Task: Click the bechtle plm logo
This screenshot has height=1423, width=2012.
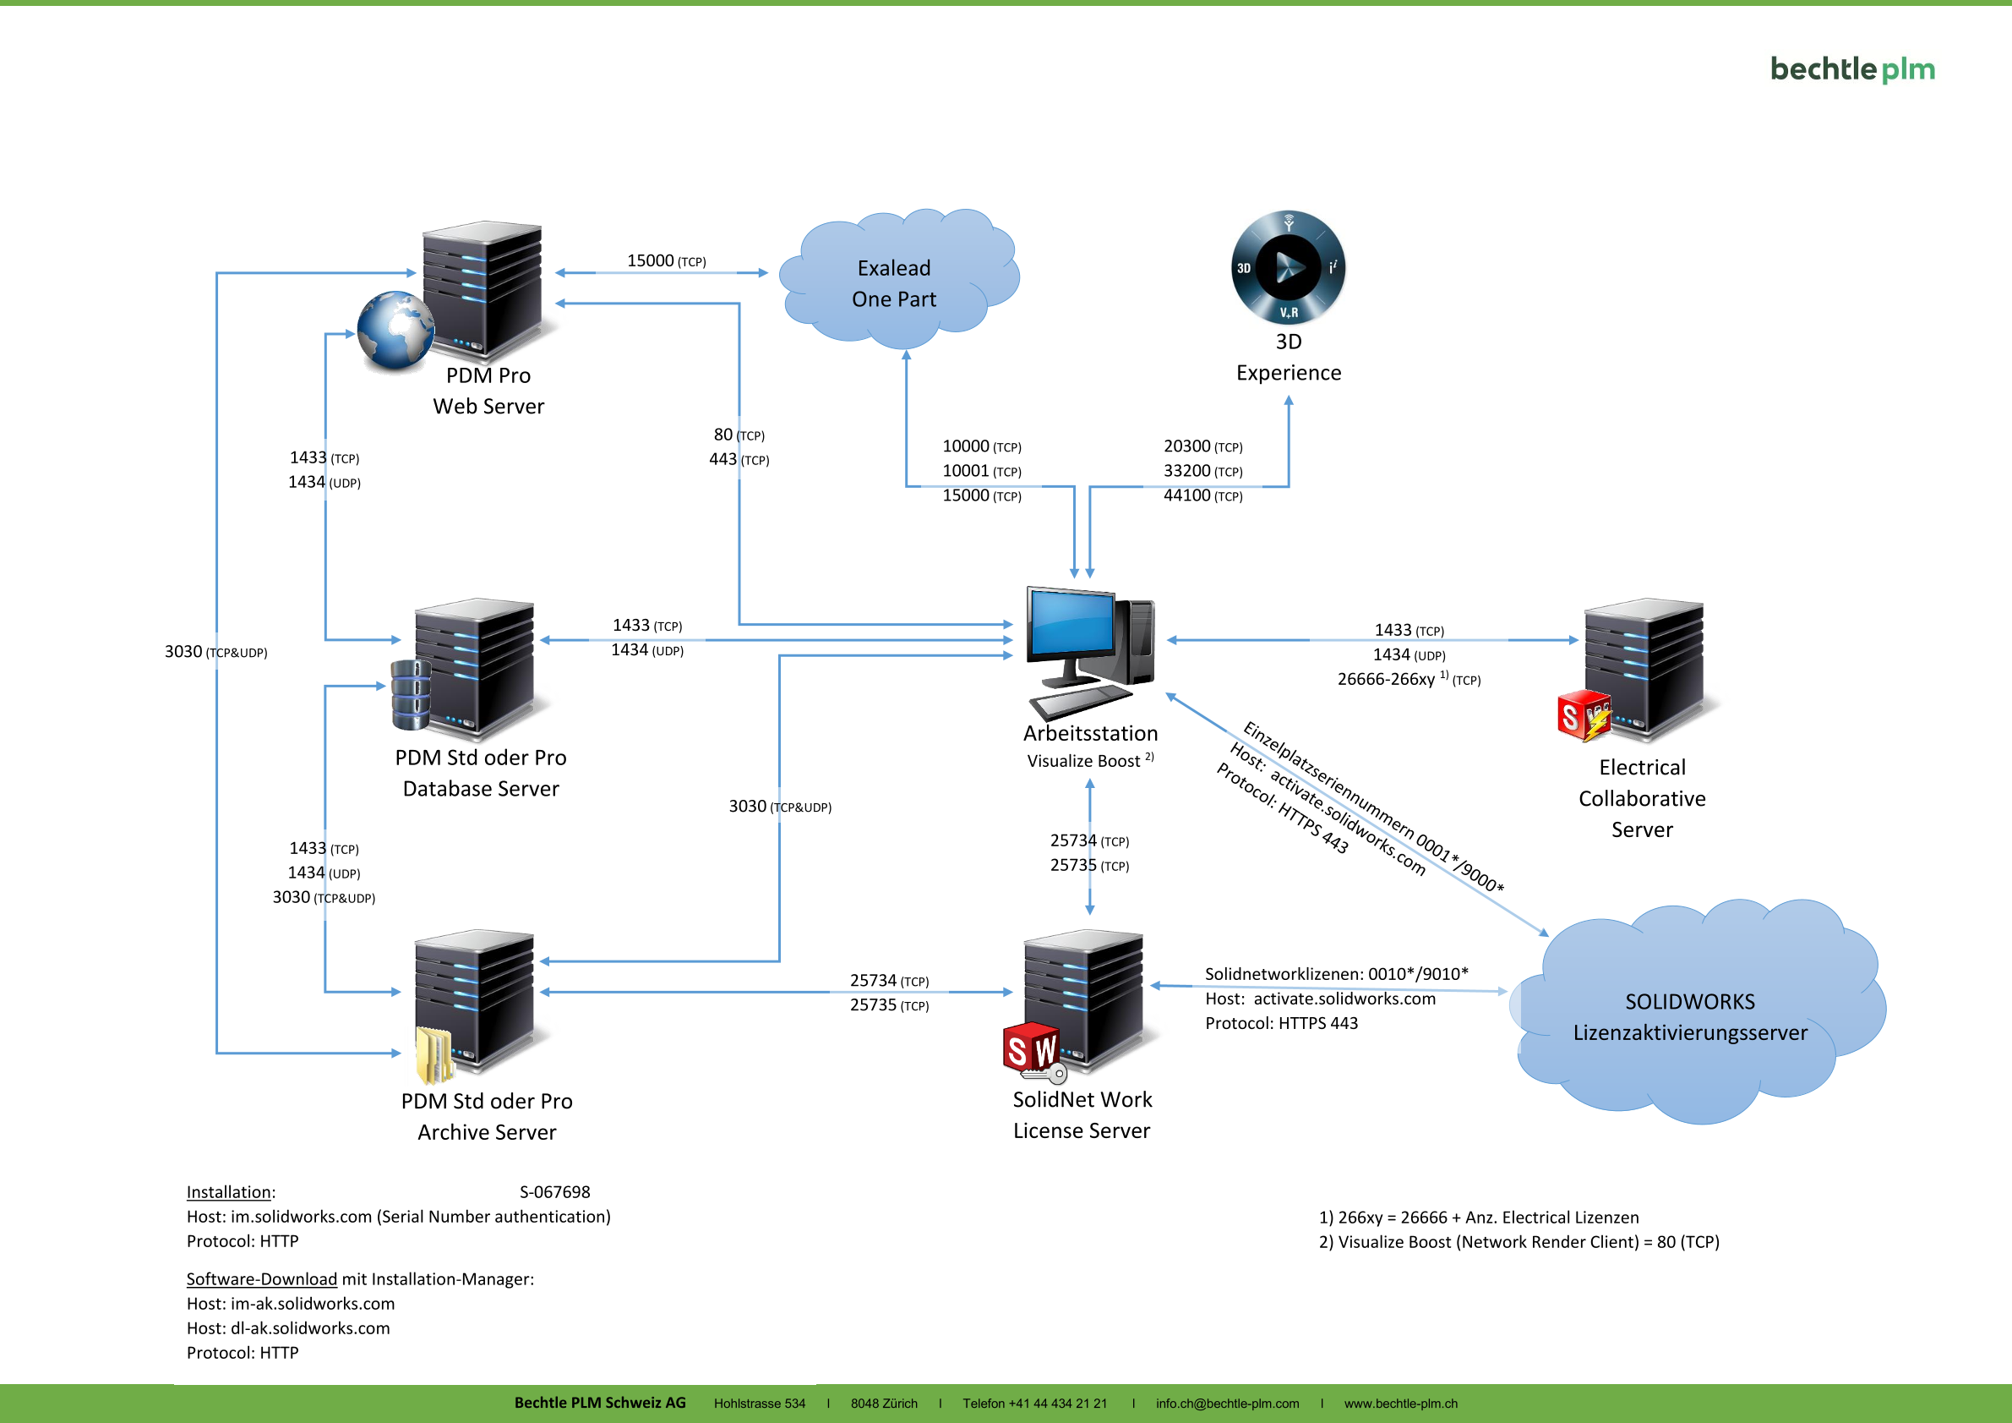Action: click(x=1851, y=69)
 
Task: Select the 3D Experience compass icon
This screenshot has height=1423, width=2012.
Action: click(x=1288, y=267)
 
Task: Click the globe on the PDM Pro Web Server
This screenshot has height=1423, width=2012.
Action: click(x=395, y=330)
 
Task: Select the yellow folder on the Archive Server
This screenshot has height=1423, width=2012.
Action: click(x=433, y=1054)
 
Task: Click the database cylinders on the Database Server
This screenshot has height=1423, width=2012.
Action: click(x=411, y=694)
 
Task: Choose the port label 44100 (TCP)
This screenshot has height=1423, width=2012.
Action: click(x=1202, y=496)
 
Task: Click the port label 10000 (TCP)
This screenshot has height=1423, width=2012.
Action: click(x=981, y=447)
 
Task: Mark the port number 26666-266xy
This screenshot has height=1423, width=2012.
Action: click(x=1386, y=680)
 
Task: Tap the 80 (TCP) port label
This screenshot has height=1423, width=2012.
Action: click(x=739, y=435)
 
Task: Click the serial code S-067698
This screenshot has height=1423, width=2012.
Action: click(x=554, y=1192)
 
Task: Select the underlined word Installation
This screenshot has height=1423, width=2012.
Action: click(x=229, y=1192)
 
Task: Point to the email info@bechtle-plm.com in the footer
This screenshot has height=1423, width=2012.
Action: click(x=1227, y=1404)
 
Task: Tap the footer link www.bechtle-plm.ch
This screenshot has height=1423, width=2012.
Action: click(x=1400, y=1404)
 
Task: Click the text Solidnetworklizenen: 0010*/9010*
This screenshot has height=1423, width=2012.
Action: click(x=1336, y=974)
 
